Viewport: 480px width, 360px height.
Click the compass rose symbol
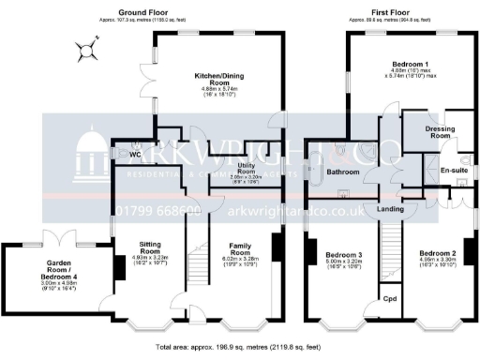[91, 49]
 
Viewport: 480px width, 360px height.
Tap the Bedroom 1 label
[410, 65]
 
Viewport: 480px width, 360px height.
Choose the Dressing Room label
[427, 131]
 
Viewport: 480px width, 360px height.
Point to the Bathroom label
[343, 172]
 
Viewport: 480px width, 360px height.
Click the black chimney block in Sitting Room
[119, 268]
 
